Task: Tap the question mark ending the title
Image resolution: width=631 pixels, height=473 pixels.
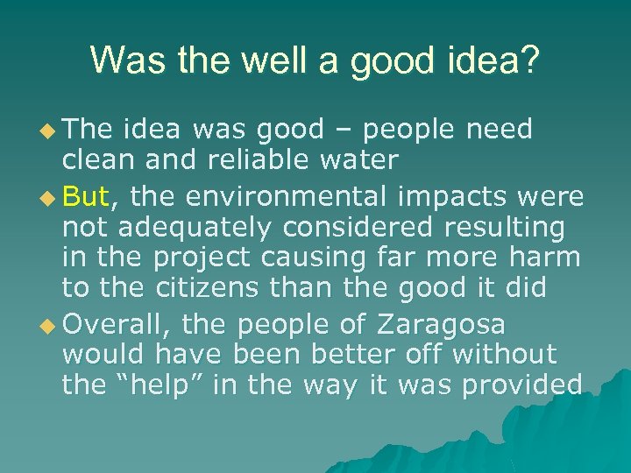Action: coord(531,60)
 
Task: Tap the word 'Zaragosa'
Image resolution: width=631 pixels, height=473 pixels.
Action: coord(441,324)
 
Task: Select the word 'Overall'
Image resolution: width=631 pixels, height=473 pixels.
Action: coord(117,324)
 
